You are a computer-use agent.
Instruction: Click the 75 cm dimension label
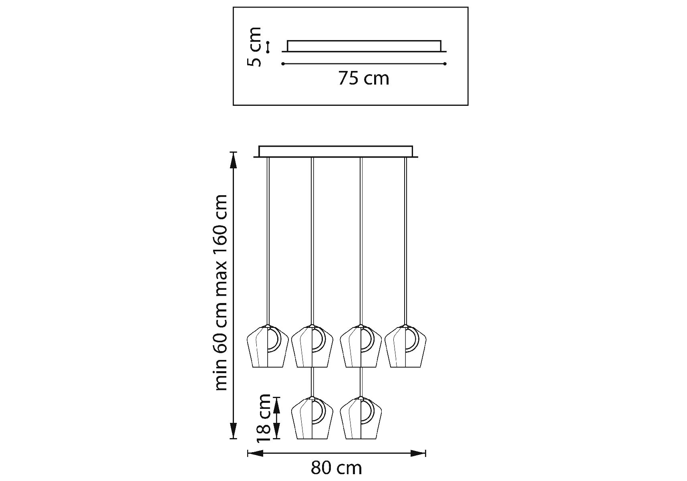364,78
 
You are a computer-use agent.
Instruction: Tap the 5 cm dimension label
254,46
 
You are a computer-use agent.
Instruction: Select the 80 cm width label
336,468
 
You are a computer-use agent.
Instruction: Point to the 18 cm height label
264,417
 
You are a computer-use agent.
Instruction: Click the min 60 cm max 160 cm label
221,293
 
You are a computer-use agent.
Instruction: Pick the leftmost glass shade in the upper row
267,346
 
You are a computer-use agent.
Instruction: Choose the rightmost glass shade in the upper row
405,346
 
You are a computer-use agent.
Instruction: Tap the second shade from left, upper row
312,346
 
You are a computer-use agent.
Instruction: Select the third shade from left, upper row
361,346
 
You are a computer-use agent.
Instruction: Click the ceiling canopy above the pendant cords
336,152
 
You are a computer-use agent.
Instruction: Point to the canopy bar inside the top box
364,46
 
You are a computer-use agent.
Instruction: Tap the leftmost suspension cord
268,241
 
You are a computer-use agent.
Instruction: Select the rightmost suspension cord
405,241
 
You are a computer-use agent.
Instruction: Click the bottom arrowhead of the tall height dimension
233,431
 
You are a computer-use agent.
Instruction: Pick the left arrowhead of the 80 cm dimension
256,453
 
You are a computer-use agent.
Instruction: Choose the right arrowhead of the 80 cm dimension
418,453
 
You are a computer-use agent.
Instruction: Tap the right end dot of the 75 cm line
445,64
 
